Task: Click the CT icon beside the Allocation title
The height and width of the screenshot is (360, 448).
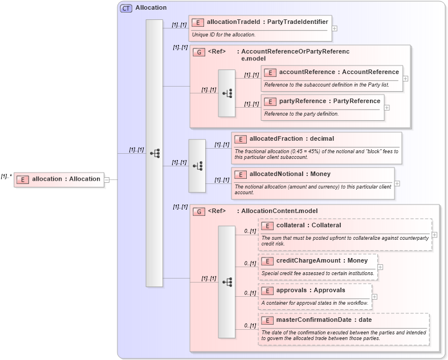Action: [126, 8]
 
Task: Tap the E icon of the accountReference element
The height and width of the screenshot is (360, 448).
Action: [270, 72]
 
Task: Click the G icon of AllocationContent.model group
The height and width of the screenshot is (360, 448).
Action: [199, 211]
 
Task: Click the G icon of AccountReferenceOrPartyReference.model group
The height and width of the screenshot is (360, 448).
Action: [199, 52]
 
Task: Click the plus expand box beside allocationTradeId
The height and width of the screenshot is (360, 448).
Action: [335, 27]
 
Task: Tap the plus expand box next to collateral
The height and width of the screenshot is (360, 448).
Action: [434, 234]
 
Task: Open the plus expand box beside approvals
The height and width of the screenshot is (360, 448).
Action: [374, 296]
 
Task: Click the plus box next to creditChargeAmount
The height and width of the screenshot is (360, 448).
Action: [380, 267]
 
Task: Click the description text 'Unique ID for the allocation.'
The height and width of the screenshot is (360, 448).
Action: [223, 35]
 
